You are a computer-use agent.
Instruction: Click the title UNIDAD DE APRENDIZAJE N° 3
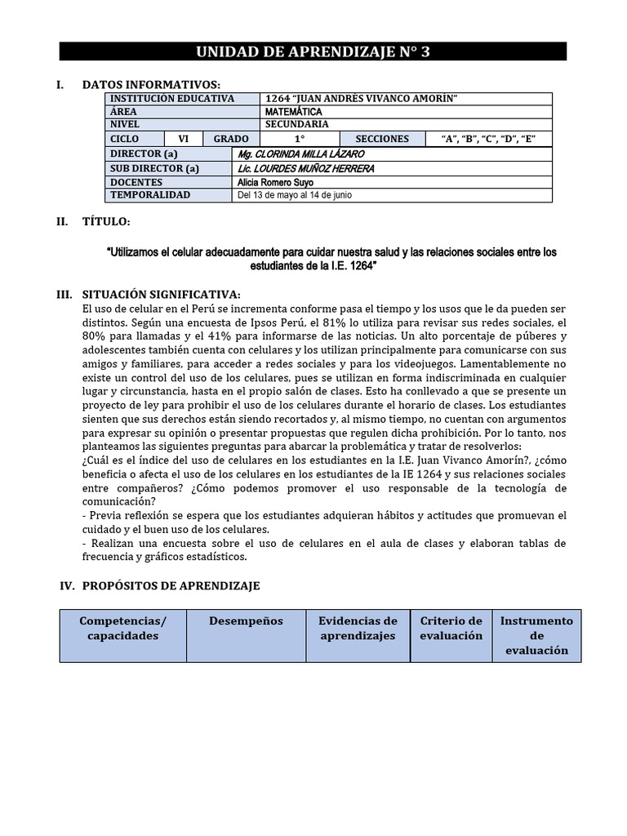[313, 52]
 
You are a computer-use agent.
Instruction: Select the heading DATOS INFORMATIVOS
[151, 85]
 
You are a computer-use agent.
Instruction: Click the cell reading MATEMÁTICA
[294, 112]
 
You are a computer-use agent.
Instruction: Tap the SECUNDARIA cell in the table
[297, 124]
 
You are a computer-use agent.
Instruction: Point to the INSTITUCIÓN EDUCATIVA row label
[172, 99]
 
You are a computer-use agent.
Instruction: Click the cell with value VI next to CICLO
[184, 139]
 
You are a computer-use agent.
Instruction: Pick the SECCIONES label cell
[382, 139]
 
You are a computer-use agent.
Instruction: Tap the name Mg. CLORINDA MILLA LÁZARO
[300, 154]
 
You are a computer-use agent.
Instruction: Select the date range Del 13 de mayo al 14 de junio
[295, 196]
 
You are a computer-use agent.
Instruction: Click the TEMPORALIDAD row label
[150, 195]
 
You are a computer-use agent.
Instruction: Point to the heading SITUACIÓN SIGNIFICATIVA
[161, 294]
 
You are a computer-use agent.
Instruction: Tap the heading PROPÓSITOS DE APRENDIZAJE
[171, 586]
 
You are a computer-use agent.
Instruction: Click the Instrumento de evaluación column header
[536, 635]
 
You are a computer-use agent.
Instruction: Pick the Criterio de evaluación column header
[451, 628]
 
